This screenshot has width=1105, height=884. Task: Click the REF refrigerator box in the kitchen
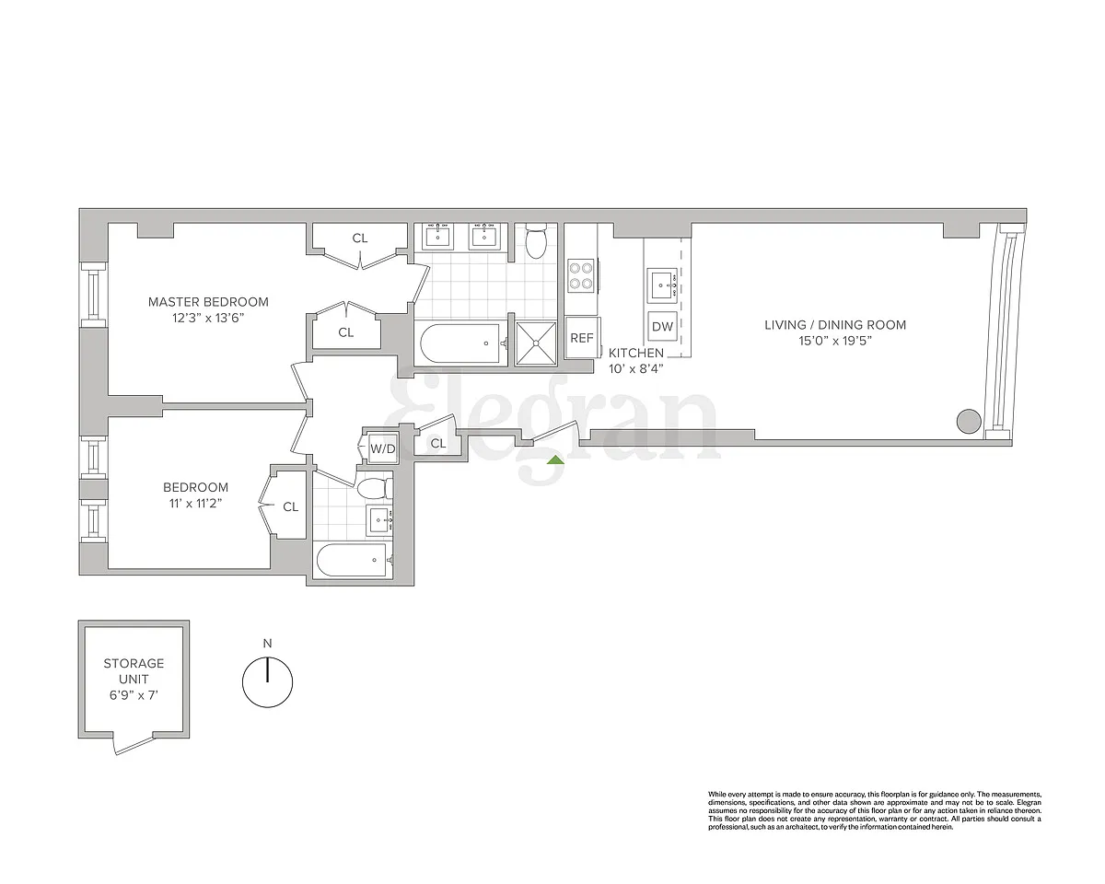(x=582, y=337)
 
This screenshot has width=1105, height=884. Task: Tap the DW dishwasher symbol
(x=662, y=326)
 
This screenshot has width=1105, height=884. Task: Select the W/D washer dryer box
(x=382, y=449)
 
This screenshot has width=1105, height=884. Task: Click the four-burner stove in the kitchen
(x=581, y=276)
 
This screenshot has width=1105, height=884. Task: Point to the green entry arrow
(x=555, y=459)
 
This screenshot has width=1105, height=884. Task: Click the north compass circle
(x=267, y=682)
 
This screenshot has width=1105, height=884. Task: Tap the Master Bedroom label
(x=208, y=302)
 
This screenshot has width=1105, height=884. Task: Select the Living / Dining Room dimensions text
(x=835, y=341)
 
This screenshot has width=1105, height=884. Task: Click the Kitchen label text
(x=636, y=353)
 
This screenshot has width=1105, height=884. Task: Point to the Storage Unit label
(x=134, y=671)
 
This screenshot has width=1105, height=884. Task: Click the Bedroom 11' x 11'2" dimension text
(x=195, y=504)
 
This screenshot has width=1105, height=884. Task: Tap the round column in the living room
(x=969, y=421)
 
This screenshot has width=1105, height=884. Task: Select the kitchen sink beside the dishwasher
(x=662, y=284)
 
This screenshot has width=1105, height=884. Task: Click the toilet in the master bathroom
(x=536, y=243)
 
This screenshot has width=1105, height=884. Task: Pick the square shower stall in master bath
(x=536, y=343)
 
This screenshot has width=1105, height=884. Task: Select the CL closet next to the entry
(x=437, y=442)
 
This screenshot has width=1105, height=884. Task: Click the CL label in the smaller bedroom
(x=291, y=507)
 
